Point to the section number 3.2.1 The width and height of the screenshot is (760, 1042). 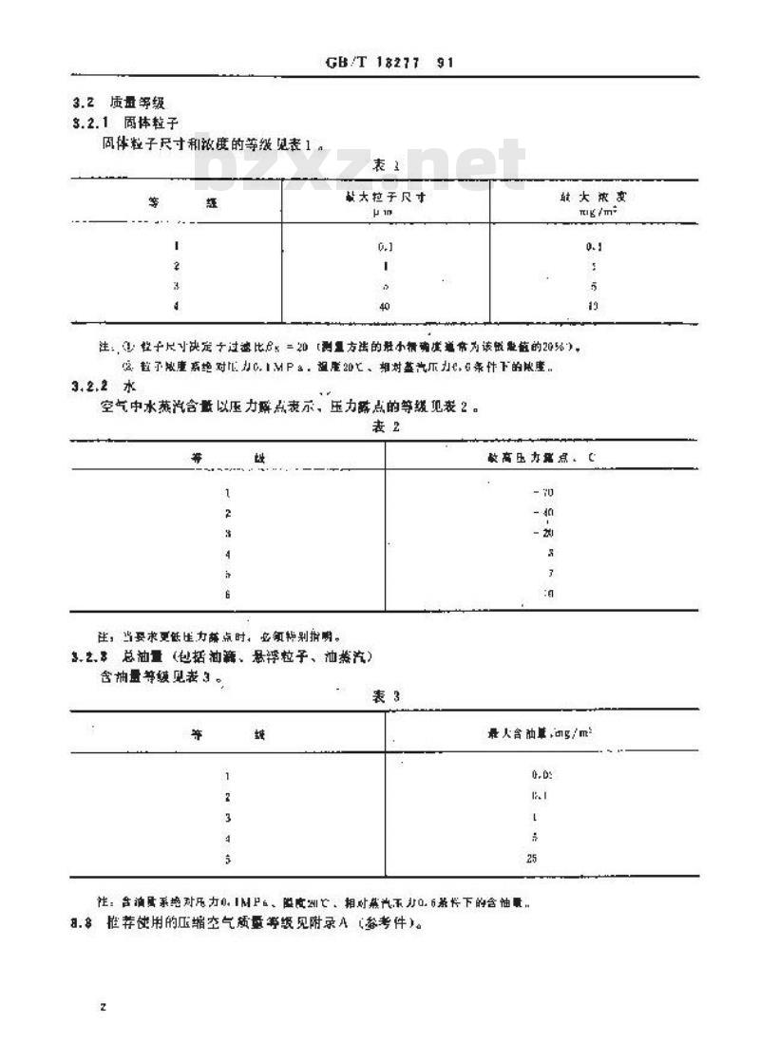pos(91,123)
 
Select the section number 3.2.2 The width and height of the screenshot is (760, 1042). pos(91,387)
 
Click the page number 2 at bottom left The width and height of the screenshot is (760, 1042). pos(102,1007)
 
